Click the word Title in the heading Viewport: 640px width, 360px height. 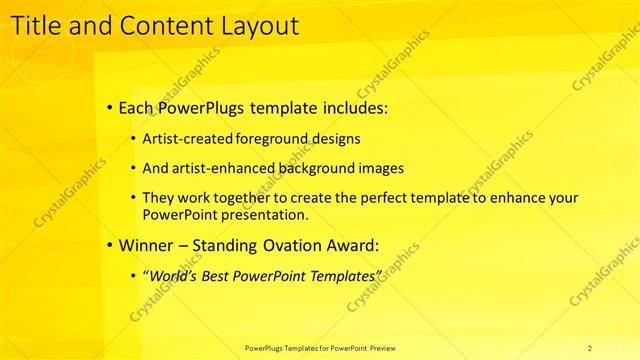click(37, 25)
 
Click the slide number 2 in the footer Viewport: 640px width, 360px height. click(589, 347)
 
